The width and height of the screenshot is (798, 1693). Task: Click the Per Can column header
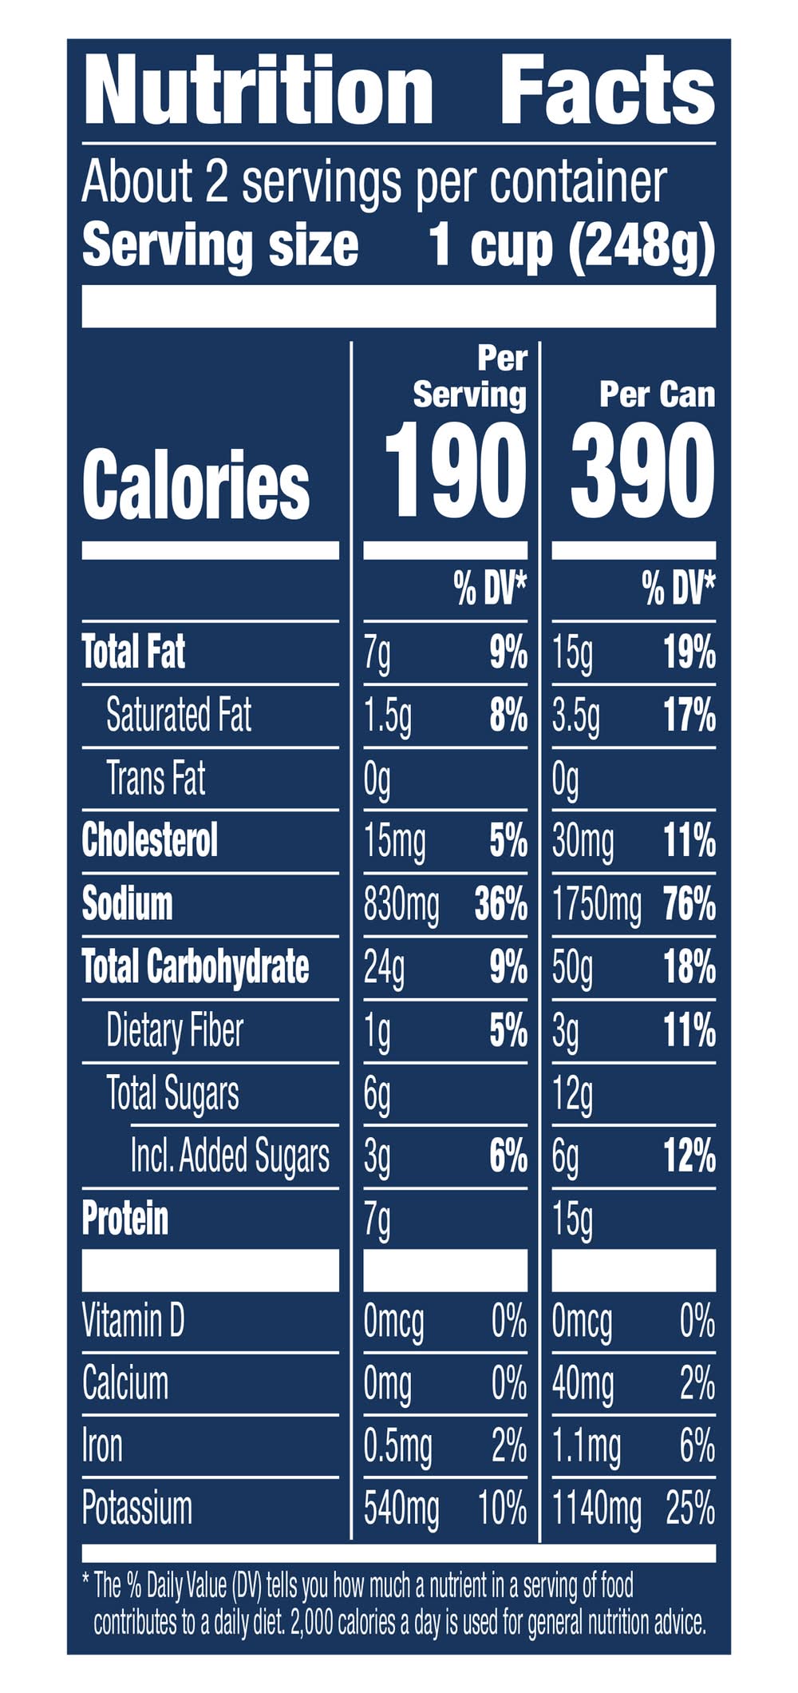pos(657,395)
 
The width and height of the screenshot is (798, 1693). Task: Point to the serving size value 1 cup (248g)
pos(571,246)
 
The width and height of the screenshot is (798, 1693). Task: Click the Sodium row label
pos(128,904)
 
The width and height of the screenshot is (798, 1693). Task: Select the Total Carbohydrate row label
pos(196,967)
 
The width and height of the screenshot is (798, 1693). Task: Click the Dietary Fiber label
pos(175,1030)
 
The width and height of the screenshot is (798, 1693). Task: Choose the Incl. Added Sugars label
pos(230,1156)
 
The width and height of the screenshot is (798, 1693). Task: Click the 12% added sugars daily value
pos(689,1156)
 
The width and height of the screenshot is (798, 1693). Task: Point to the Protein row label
pos(125,1219)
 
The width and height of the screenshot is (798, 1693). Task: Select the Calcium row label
pos(125,1383)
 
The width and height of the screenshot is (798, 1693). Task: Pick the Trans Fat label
pos(156,778)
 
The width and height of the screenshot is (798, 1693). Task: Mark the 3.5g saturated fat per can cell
pos(575,716)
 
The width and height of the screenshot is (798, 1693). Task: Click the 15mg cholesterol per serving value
pos(395,842)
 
